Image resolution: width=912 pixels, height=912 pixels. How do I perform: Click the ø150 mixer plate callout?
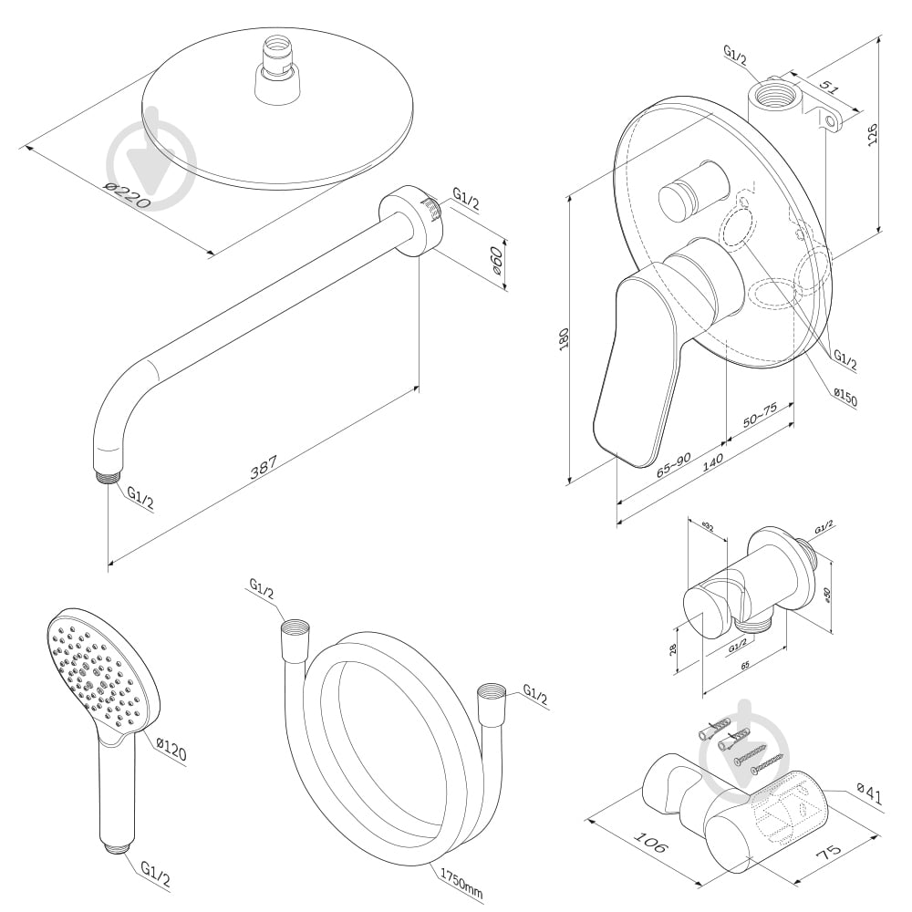(x=844, y=398)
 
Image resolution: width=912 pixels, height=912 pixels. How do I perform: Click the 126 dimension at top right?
(x=873, y=132)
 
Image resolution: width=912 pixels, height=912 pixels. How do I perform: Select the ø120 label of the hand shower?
(x=171, y=751)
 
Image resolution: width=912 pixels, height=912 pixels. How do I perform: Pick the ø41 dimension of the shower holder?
(x=870, y=796)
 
